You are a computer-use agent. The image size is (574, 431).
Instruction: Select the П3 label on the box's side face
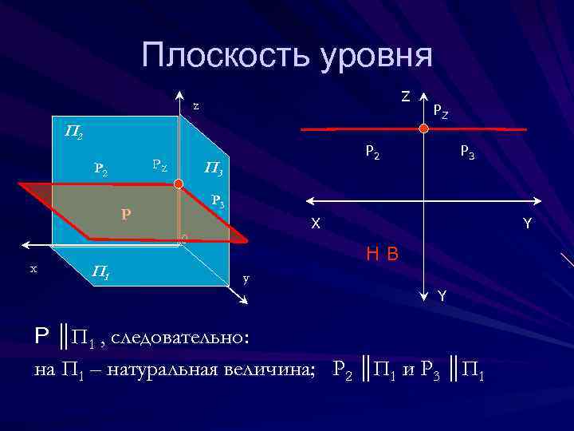point(213,168)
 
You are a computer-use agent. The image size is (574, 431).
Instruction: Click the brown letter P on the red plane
point(126,214)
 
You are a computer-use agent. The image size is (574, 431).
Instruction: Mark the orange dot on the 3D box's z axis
point(179,184)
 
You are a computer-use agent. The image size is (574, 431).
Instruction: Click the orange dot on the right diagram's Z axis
point(424,128)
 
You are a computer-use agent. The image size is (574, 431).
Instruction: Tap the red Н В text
point(382,255)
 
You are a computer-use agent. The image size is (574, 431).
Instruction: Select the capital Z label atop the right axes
point(406,97)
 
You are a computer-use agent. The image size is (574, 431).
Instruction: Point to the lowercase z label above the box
point(196,106)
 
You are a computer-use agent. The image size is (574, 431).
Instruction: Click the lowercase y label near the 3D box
point(246,278)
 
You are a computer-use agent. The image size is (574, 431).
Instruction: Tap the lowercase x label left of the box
point(33,268)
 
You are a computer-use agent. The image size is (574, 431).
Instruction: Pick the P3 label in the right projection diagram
point(467,152)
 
